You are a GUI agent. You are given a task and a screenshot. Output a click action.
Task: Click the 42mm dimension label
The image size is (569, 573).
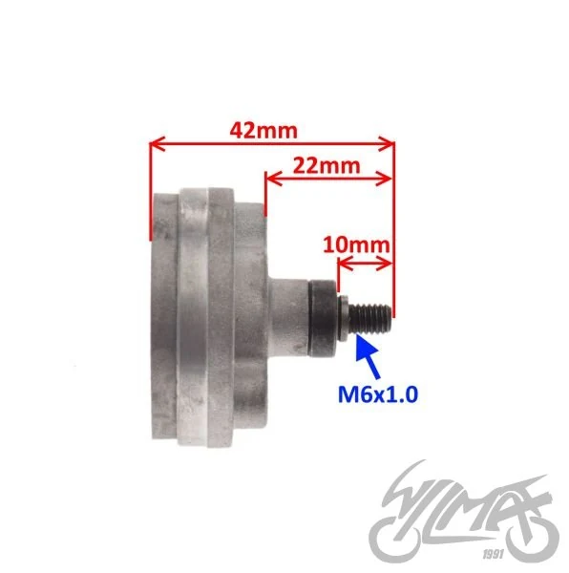pyautogui.click(x=263, y=131)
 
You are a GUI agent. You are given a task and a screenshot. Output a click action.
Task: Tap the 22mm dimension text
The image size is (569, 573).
pyautogui.click(x=327, y=165)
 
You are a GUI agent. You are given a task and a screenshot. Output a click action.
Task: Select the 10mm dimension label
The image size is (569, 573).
pyautogui.click(x=356, y=244)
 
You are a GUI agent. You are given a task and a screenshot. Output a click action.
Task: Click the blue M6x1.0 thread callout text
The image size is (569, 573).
pyautogui.click(x=378, y=394)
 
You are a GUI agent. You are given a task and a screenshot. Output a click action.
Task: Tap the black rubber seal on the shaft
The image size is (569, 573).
pyautogui.click(x=323, y=318)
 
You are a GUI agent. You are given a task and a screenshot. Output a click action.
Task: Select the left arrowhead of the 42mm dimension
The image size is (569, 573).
pyautogui.click(x=158, y=144)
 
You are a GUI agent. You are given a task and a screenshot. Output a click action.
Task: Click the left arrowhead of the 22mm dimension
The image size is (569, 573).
pyautogui.click(x=274, y=179)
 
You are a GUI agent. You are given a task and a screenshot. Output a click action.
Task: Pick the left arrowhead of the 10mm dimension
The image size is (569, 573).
pyautogui.click(x=346, y=264)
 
